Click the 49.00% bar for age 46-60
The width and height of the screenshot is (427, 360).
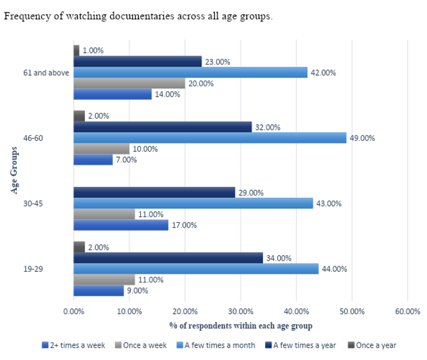(210, 138)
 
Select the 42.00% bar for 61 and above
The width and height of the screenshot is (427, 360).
(191, 73)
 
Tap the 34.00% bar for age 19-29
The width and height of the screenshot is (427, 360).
(168, 258)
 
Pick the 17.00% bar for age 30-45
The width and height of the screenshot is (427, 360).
(121, 225)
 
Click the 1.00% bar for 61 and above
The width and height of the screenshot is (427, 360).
(76, 50)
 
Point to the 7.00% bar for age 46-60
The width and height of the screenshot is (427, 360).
(93, 160)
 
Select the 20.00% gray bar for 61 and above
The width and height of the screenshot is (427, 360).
(129, 83)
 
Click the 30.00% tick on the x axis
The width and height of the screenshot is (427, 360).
(240, 312)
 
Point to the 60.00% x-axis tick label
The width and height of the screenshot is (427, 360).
(407, 312)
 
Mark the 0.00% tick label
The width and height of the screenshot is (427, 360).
(74, 312)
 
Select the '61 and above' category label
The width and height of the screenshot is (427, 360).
(45, 73)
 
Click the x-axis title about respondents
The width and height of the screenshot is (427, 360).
(240, 325)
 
